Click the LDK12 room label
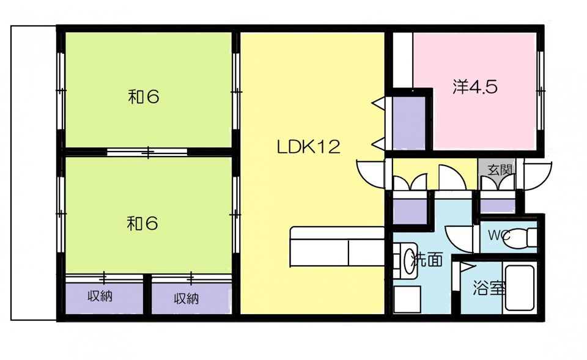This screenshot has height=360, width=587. [308, 147]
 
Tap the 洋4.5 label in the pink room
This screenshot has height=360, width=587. [475, 87]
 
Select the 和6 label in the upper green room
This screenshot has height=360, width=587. [144, 97]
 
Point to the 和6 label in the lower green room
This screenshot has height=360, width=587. [142, 224]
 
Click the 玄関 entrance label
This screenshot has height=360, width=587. [500, 170]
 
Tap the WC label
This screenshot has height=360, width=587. [499, 235]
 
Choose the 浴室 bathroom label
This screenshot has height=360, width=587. [489, 287]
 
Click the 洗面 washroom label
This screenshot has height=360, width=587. [427, 259]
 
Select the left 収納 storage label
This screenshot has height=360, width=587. [100, 296]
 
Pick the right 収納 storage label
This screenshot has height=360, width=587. [186, 299]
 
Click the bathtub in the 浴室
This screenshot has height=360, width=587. [519, 288]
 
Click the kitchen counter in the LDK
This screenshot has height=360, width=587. [338, 246]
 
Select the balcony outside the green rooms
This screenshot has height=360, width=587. [34, 172]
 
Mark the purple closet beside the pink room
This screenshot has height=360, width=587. [409, 123]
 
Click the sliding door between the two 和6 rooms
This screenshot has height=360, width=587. [148, 152]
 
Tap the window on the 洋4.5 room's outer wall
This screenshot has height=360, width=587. [540, 90]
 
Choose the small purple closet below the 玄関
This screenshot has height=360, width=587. [498, 206]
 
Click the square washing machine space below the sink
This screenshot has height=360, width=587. [407, 299]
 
